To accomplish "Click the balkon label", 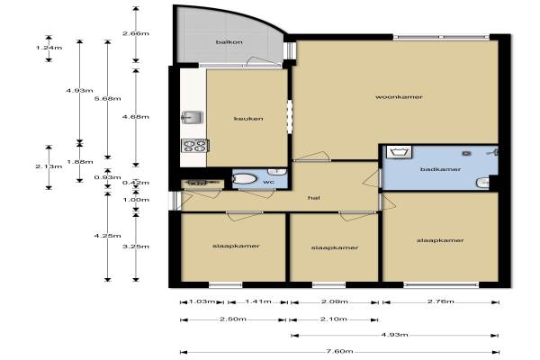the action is (x=229, y=42).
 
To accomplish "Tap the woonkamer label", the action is (x=399, y=97).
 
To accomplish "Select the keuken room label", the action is (x=248, y=119).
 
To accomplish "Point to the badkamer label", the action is (x=440, y=169).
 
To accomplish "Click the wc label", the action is (x=268, y=182).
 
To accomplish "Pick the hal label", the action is (x=314, y=198).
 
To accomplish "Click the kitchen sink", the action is (x=192, y=117).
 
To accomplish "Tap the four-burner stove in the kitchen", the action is (x=195, y=146).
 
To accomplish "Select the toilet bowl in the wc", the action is (x=245, y=179).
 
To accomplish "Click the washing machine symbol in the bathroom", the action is (x=399, y=152).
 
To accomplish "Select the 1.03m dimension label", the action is (x=202, y=301).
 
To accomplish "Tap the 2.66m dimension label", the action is (x=136, y=33).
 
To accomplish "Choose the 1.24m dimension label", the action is (x=49, y=48).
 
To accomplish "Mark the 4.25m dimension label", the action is (x=107, y=236).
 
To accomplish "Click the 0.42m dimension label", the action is (x=136, y=183).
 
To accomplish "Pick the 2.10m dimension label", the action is (x=334, y=319).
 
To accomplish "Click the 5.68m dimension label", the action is (x=107, y=98).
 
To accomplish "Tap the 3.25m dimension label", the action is (x=136, y=247).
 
